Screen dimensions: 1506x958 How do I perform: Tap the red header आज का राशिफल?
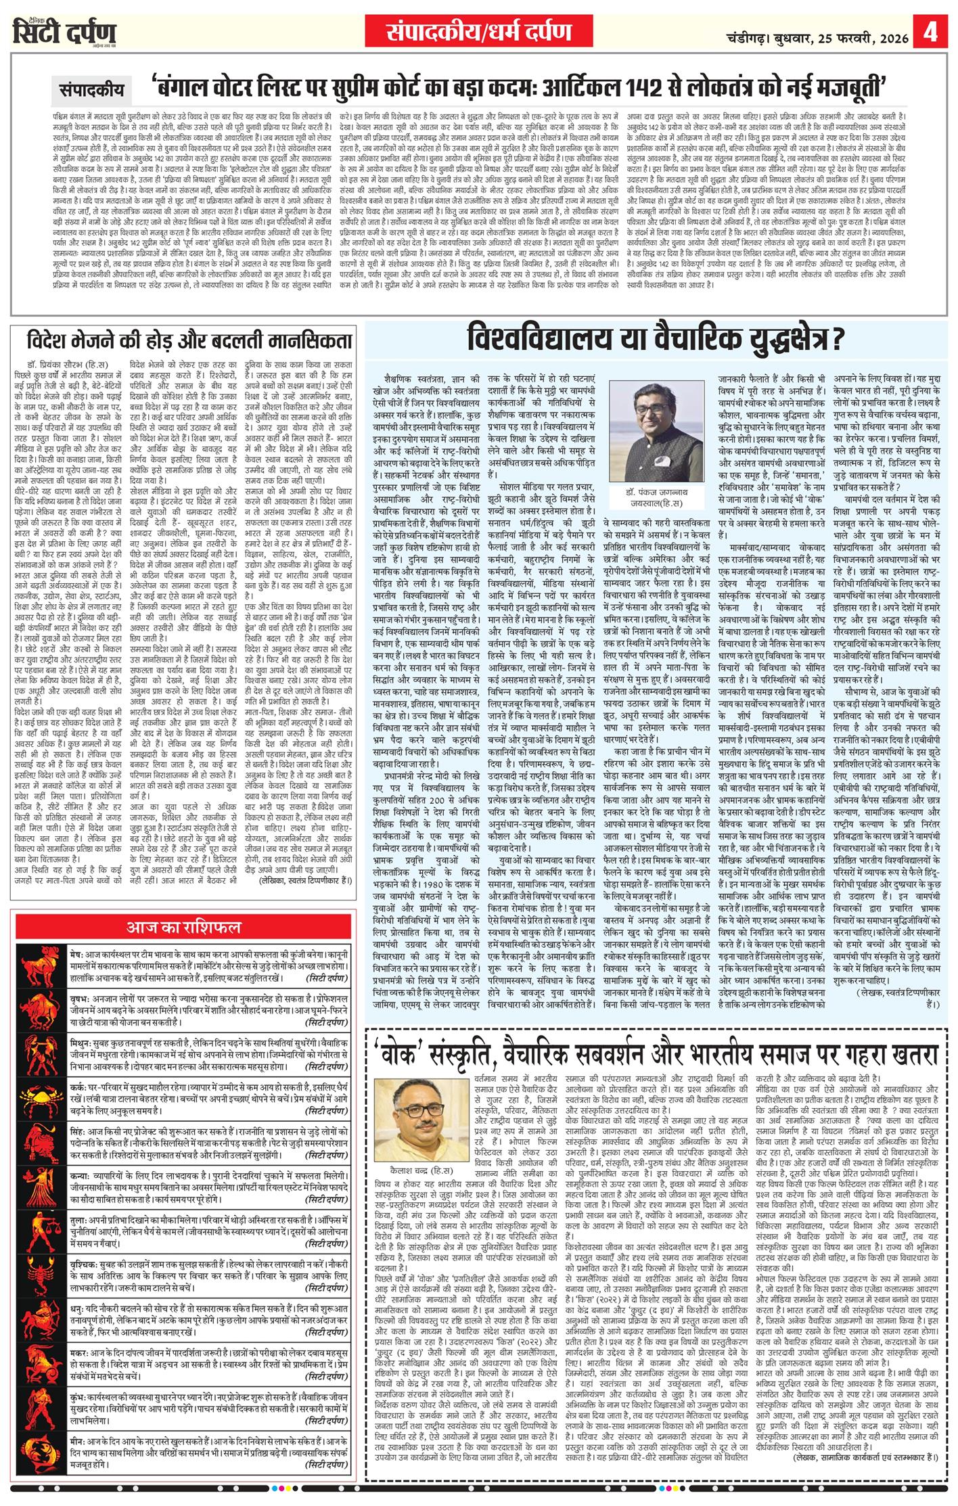pos(183,926)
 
